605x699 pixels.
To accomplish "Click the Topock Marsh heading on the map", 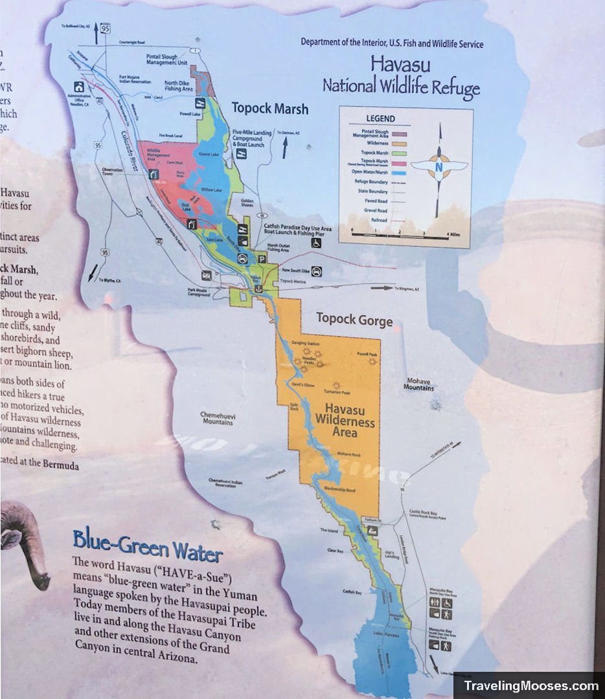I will point(270,108).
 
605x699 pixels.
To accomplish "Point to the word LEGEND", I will point(380,119).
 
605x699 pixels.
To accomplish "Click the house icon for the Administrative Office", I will point(79,87).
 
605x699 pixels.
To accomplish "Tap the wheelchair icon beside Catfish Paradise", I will point(316,243).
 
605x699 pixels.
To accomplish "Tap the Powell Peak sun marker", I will point(372,362).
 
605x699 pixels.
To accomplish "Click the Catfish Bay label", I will point(352,592).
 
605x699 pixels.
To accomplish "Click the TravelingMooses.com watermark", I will point(530,686).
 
